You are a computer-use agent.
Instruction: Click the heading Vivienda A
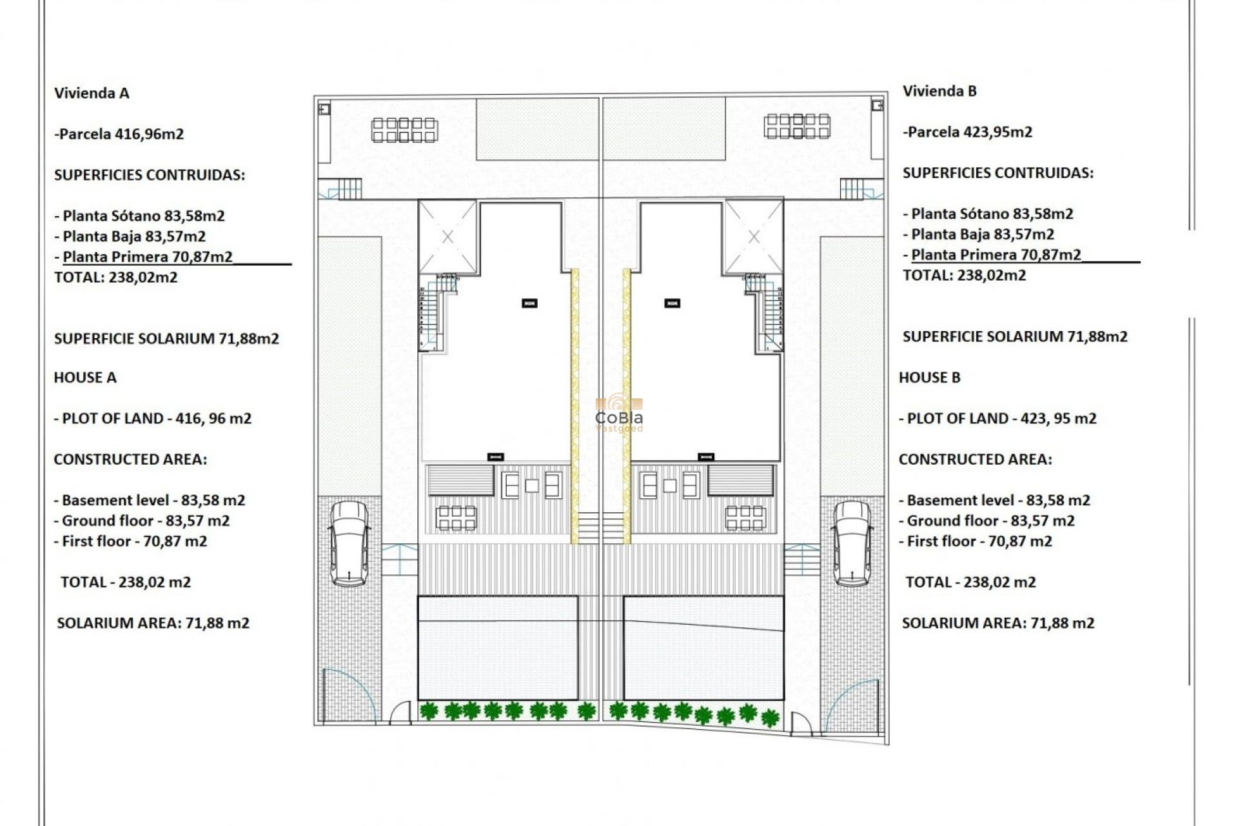click(92, 93)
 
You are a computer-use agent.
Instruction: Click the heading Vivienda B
click(939, 91)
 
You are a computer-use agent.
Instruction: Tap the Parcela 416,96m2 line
click(119, 134)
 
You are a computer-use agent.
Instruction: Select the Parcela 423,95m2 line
click(967, 132)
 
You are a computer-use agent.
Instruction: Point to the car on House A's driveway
click(349, 544)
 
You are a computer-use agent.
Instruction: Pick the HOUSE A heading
click(85, 378)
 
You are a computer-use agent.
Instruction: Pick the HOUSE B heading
click(929, 378)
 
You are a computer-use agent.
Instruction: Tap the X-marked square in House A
click(447, 237)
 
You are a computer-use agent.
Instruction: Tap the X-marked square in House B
click(754, 237)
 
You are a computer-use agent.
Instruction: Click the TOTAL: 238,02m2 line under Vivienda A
click(115, 277)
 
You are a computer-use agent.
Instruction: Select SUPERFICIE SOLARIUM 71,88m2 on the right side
click(1015, 337)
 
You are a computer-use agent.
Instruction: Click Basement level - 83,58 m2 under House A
click(150, 500)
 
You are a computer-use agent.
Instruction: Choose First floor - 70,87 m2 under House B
click(976, 541)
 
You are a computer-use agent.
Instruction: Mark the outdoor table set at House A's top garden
click(404, 130)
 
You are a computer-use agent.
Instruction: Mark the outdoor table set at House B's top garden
click(797, 126)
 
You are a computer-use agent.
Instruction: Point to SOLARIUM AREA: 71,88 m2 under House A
click(153, 623)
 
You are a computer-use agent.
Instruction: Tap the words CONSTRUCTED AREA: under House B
click(975, 459)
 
